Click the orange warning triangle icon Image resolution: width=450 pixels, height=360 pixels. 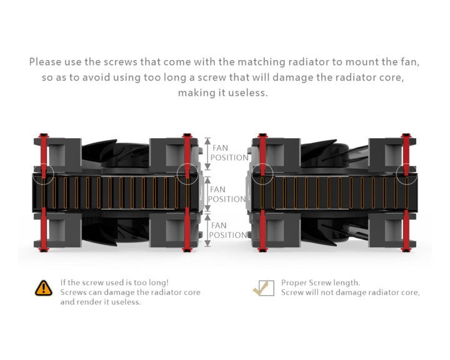coord(43,287)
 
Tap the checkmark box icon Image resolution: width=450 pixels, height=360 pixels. coord(263,287)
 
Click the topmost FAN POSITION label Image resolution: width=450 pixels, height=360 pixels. coord(229,153)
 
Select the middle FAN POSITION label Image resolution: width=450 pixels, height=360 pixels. coord(226,194)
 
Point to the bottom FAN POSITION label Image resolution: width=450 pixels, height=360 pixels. coord(227,230)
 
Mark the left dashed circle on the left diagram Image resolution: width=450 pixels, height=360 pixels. coord(42,174)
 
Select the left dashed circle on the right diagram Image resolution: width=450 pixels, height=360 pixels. coord(262,174)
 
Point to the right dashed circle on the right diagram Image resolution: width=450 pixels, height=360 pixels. coord(406,174)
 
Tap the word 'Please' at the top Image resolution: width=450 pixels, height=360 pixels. coord(47,62)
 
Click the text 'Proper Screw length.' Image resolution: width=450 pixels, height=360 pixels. coord(320,282)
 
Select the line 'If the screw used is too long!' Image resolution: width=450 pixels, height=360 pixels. coord(114,282)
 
